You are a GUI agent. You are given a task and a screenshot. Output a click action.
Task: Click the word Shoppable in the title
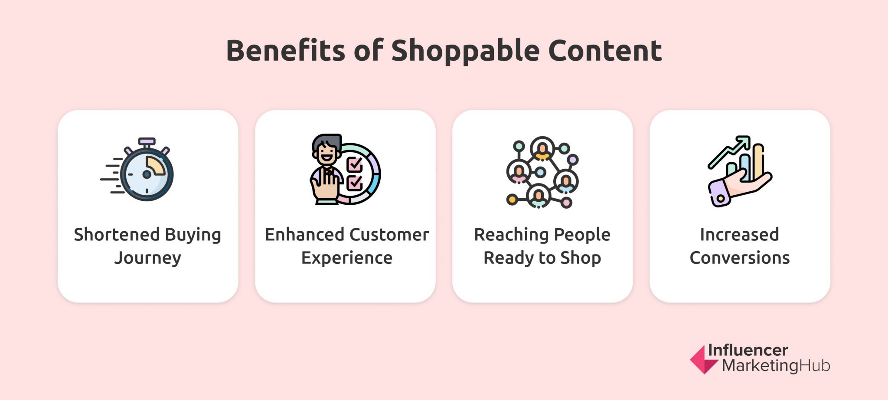coord(465,51)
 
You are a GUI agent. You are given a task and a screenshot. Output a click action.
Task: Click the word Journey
coord(148,258)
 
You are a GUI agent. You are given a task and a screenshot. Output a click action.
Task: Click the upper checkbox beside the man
coord(355,164)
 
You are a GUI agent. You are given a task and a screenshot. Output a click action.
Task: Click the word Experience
coord(347,258)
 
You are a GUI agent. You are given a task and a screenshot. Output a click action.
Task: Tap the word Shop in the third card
coord(581,258)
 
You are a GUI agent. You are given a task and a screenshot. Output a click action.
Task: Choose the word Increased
coord(739,235)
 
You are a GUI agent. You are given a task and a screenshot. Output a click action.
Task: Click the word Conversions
coord(739,258)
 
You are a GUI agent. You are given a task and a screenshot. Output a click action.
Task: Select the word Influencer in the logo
coord(748,350)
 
